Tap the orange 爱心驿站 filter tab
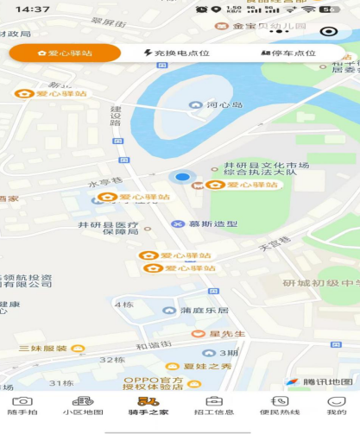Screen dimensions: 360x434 click(x=66, y=53)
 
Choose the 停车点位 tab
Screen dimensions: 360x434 click(x=288, y=53)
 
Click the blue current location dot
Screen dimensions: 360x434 click(x=182, y=178)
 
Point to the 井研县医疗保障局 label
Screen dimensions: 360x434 click(x=108, y=229)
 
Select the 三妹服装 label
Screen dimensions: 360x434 click(x=43, y=349)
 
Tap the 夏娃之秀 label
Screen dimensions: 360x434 click(x=209, y=366)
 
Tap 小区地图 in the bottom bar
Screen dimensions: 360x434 click(x=82, y=406)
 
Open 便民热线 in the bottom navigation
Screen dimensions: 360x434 click(x=279, y=406)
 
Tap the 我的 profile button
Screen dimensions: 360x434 click(x=337, y=406)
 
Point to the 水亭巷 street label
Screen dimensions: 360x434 click(x=101, y=184)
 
